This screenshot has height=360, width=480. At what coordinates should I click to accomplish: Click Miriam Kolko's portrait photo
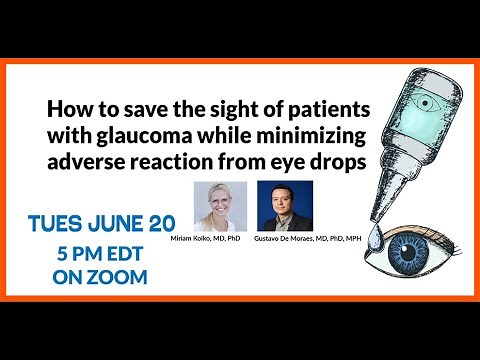pyautogui.click(x=221, y=205)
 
